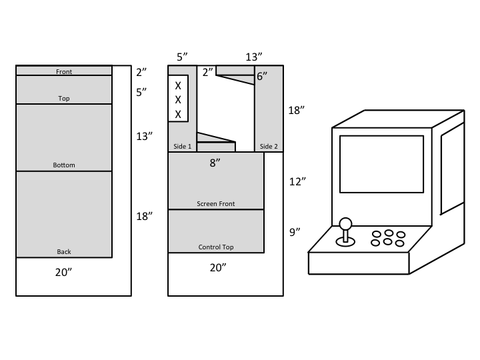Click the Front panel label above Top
click(64, 72)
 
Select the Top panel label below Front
click(64, 98)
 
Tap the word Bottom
click(64, 165)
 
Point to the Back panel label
click(64, 252)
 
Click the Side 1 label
click(182, 146)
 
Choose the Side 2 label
click(269, 146)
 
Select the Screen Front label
click(216, 204)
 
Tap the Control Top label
click(216, 247)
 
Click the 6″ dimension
click(262, 76)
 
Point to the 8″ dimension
click(215, 163)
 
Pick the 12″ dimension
click(298, 182)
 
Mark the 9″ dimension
click(295, 232)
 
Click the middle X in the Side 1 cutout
click(178, 100)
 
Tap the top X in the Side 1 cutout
click(178, 86)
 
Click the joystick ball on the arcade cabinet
click(346, 223)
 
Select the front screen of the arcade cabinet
click(382, 164)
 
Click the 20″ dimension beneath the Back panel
click(64, 272)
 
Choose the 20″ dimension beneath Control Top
click(218, 268)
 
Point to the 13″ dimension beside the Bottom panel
click(144, 136)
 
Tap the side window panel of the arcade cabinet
click(453, 169)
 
